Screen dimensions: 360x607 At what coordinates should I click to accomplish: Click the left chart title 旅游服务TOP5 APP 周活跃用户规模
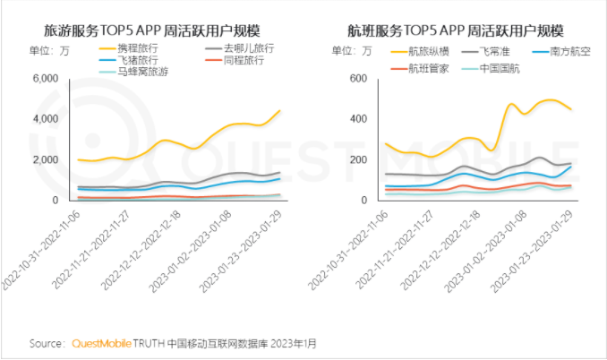(156, 29)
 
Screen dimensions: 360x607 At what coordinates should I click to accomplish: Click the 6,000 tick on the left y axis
(44, 79)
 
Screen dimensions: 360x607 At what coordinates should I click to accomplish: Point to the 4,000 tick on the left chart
(44, 119)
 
